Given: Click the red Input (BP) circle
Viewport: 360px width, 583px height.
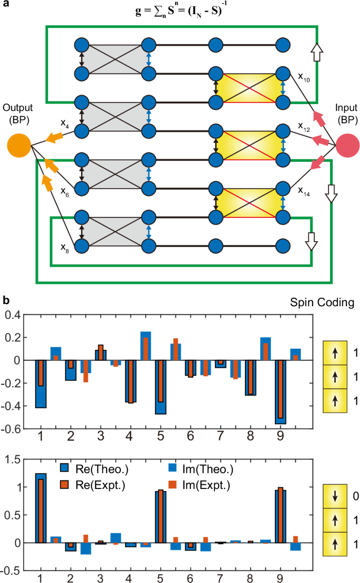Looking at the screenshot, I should point(348,144).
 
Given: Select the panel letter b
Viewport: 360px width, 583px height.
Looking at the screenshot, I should point(6,300).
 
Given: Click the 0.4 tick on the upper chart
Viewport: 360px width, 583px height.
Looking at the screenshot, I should point(17,315).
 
